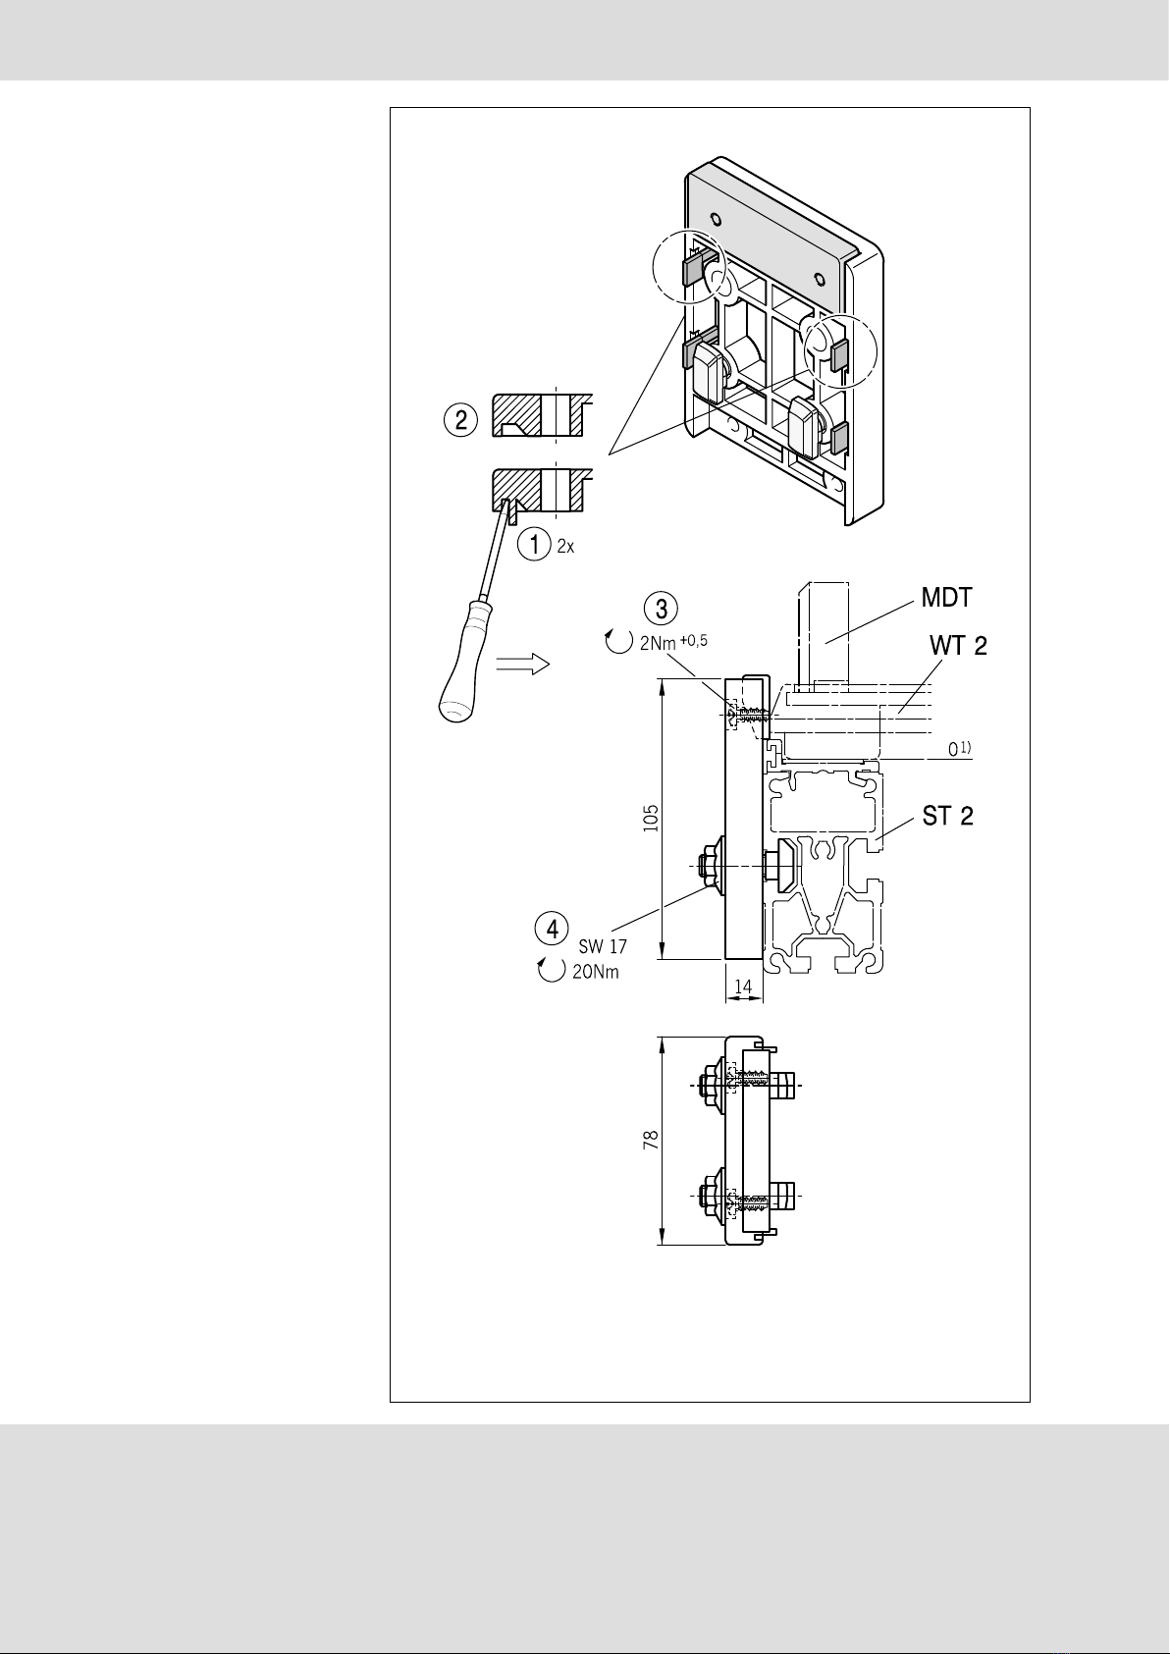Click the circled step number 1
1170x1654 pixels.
click(x=534, y=545)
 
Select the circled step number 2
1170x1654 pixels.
click(x=460, y=420)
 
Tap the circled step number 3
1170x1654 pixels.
click(x=661, y=609)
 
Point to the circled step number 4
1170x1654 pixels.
click(x=553, y=929)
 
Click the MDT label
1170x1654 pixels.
click(x=947, y=598)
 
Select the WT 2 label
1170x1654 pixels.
click(x=958, y=645)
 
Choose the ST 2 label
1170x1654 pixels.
click(x=948, y=816)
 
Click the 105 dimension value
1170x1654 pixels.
click(x=651, y=818)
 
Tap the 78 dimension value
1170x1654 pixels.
click(x=651, y=1140)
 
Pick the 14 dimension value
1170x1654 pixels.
click(x=743, y=986)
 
